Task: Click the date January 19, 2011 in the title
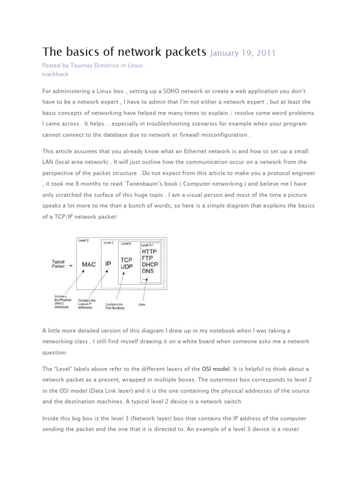[x=242, y=53]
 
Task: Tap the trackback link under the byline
[x=55, y=74]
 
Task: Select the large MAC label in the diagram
[x=89, y=264]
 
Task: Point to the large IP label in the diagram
[x=108, y=264]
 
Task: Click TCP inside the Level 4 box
[x=127, y=260]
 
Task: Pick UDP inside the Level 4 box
[x=127, y=267]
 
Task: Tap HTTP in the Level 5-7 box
[x=150, y=251]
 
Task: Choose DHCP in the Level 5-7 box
[x=150, y=264]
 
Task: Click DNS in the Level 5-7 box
[x=149, y=271]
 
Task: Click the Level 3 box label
[x=108, y=242]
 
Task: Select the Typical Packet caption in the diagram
[x=58, y=264]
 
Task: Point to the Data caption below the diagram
[x=142, y=304]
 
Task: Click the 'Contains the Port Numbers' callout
[x=115, y=306]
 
